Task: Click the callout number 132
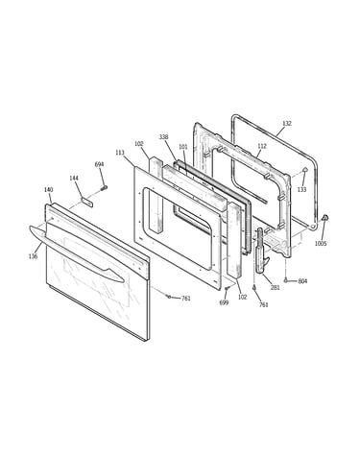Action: (x=287, y=123)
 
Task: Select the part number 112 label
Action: (x=262, y=146)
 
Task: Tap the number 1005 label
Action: (x=321, y=244)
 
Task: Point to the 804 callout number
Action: (x=302, y=281)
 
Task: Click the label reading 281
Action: (x=276, y=287)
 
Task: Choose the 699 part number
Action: (x=224, y=302)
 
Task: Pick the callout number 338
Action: (x=163, y=137)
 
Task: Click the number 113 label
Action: (x=120, y=153)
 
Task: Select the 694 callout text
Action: (x=99, y=164)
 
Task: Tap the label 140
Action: (x=48, y=190)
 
